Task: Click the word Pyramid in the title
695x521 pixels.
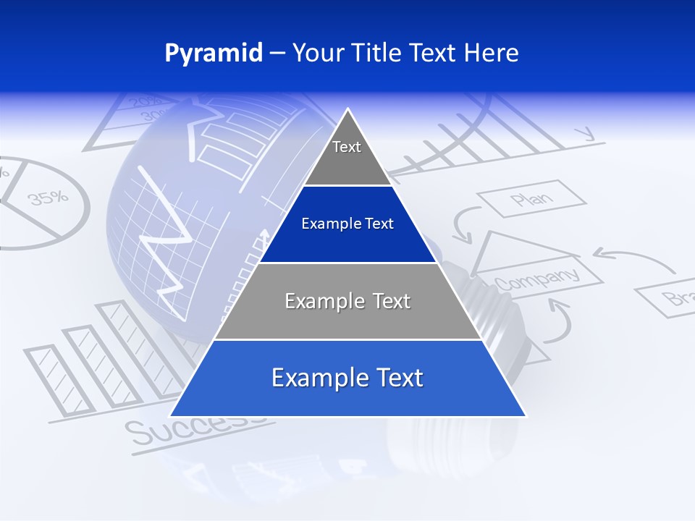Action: (x=214, y=54)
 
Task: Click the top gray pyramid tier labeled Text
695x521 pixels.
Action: (x=347, y=152)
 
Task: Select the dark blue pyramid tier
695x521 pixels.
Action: (x=347, y=224)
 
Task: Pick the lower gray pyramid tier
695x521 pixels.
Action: (x=347, y=301)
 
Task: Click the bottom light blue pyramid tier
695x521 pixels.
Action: (x=347, y=378)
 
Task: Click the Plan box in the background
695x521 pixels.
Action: (x=531, y=199)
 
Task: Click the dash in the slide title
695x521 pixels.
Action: (x=277, y=54)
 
